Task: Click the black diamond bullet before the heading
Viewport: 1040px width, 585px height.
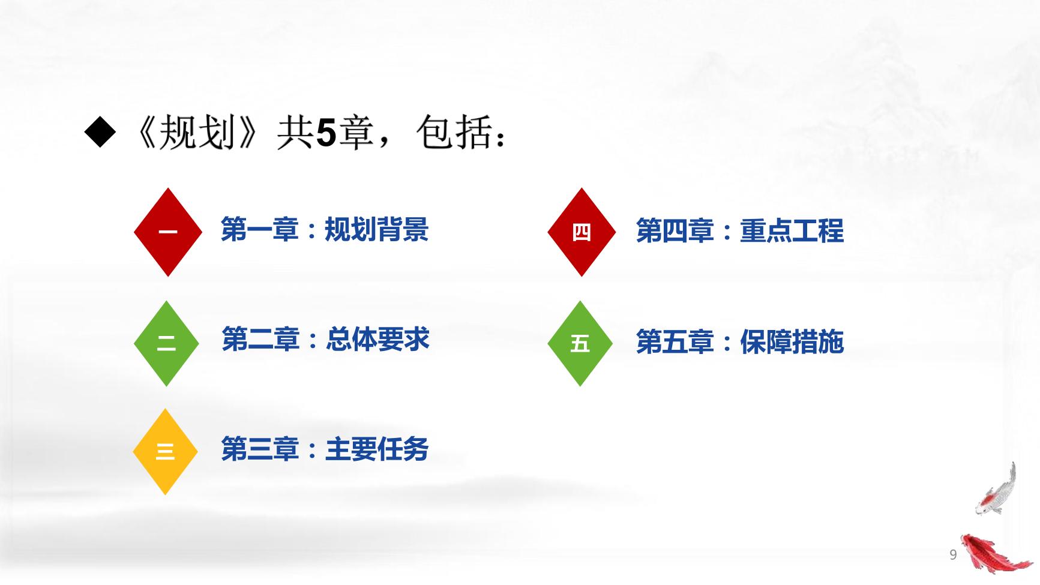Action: point(100,133)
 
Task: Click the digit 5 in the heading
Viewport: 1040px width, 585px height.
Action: point(325,133)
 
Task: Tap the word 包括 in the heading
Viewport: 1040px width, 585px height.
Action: point(454,133)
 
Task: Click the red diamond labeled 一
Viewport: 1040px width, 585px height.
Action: point(167,232)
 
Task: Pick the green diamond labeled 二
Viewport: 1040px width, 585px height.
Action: point(166,343)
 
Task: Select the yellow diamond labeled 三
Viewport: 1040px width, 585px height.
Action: point(165,451)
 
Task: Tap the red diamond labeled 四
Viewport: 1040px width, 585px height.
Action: point(581,232)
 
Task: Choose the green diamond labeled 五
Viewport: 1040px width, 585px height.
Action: point(580,343)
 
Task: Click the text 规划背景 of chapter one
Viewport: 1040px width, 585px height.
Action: point(376,230)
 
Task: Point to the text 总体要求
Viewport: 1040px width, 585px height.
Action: point(377,340)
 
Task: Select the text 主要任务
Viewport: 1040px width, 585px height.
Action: point(376,449)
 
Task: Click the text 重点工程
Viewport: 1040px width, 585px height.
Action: point(792,231)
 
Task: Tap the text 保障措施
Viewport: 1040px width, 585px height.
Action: point(792,342)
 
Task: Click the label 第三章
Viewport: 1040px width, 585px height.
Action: point(260,449)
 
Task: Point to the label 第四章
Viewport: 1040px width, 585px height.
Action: point(675,231)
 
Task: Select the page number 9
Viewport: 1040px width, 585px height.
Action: point(952,555)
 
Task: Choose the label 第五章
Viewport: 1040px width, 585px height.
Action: point(675,342)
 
